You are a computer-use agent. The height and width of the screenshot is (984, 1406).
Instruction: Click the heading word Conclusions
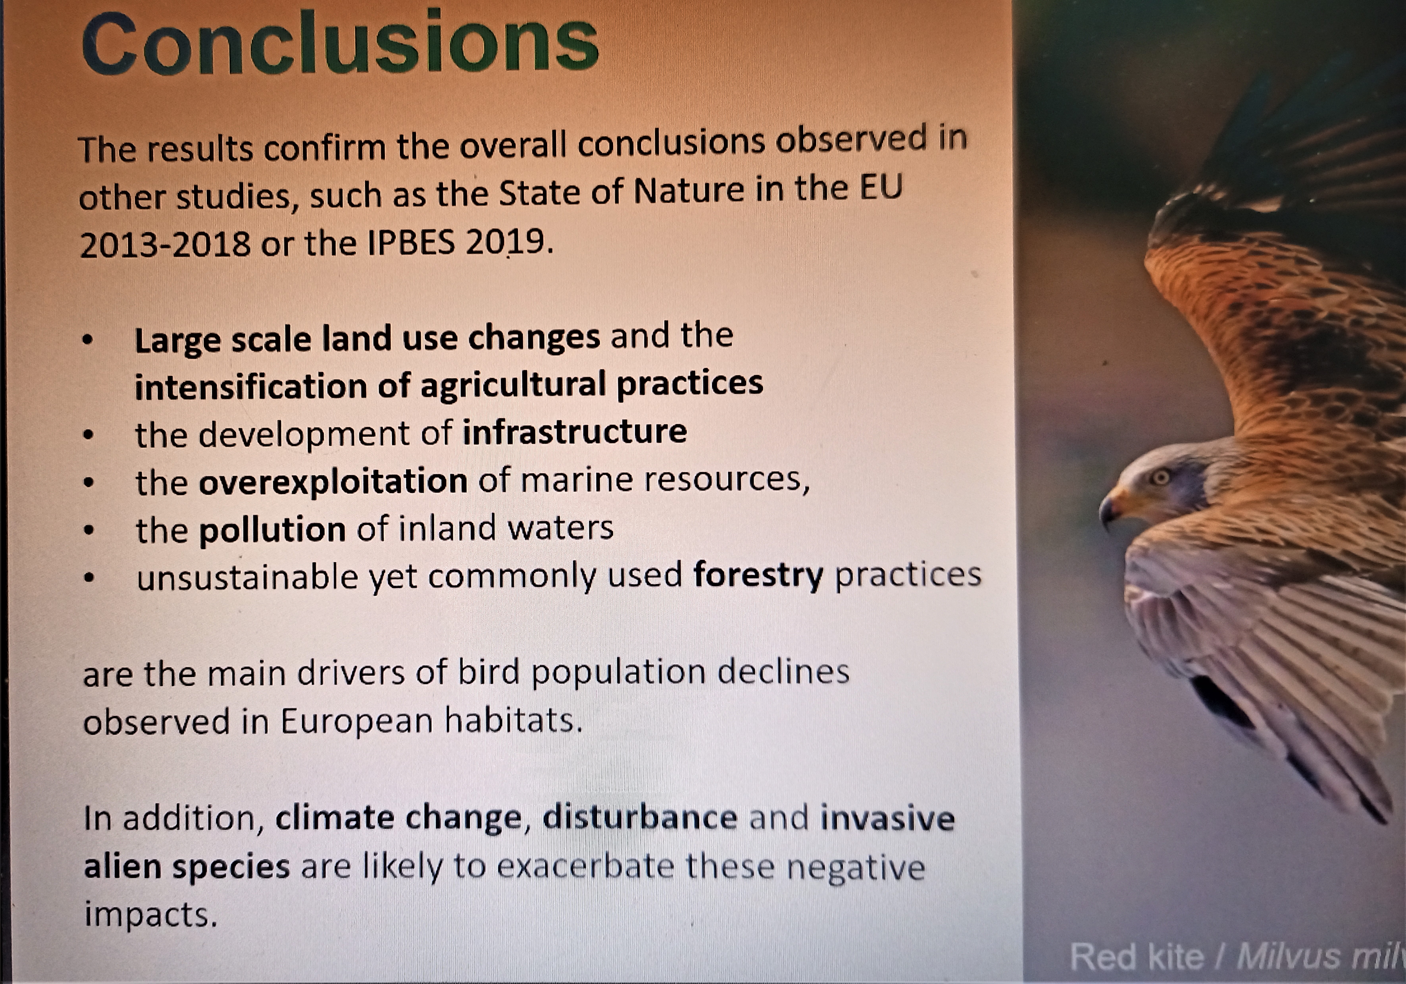[x=340, y=42]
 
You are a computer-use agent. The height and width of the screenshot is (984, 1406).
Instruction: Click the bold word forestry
[x=758, y=576]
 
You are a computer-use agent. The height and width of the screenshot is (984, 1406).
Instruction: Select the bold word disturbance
[x=640, y=818]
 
